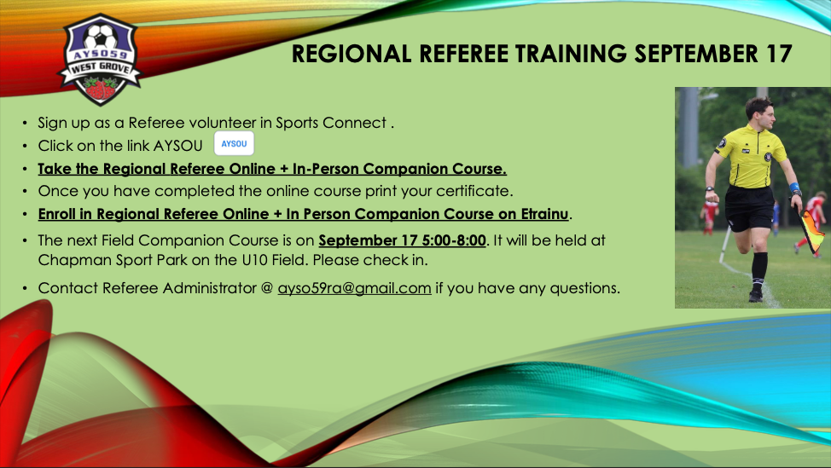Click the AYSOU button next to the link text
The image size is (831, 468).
click(234, 143)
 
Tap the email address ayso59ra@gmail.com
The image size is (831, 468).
click(354, 288)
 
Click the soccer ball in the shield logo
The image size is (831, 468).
click(102, 37)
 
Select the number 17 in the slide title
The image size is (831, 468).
click(778, 54)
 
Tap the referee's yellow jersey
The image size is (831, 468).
click(751, 156)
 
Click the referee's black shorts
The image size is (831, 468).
click(748, 207)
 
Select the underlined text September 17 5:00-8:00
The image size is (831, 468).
click(402, 240)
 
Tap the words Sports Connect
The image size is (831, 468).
click(331, 123)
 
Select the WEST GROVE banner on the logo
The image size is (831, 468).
click(101, 68)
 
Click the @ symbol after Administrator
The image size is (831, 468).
click(267, 288)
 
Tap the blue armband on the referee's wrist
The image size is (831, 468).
click(794, 188)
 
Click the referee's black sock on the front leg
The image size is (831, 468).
click(759, 271)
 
